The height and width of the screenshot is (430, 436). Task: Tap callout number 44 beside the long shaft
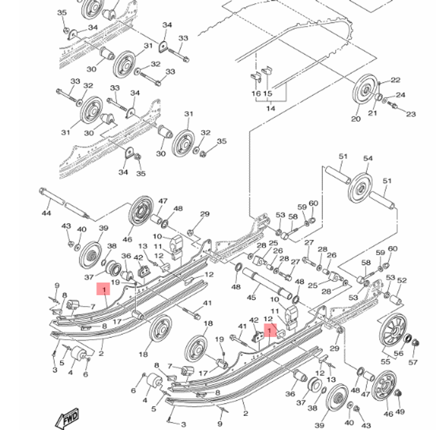pyautogui.click(x=46, y=213)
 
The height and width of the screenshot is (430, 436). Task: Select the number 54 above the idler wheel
pyautogui.click(x=368, y=158)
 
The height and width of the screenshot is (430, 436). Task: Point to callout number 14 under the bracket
pyautogui.click(x=271, y=108)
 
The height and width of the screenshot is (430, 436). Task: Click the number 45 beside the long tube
pyautogui.click(x=252, y=298)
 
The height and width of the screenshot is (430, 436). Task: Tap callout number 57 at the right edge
pyautogui.click(x=412, y=362)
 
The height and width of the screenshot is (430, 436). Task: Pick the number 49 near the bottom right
pyautogui.click(x=400, y=411)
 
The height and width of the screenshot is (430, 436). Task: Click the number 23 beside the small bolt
pyautogui.click(x=411, y=114)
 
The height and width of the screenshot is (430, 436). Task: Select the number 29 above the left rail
pyautogui.click(x=204, y=214)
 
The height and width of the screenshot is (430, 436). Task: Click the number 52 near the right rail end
pyautogui.click(x=402, y=280)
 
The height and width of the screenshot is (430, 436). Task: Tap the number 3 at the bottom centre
pyautogui.click(x=183, y=424)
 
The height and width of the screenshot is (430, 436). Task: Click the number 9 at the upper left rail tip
pyautogui.click(x=56, y=285)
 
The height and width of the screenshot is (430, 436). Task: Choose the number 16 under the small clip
pyautogui.click(x=256, y=93)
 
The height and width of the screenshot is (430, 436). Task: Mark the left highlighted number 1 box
pyautogui.click(x=104, y=289)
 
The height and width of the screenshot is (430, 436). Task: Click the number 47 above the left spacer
pyautogui.click(x=163, y=201)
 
